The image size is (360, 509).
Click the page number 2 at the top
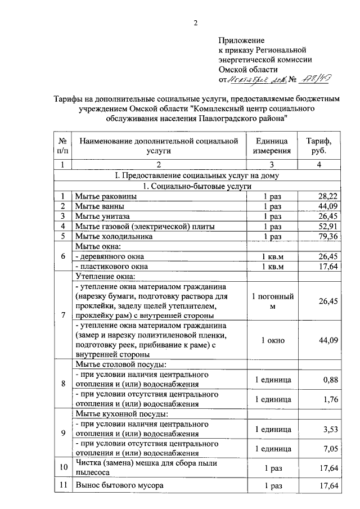click(x=196, y=23)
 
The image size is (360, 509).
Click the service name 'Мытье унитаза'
click(x=103, y=216)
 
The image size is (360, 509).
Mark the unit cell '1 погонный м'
click(x=272, y=301)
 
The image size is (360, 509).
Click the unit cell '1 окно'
click(x=272, y=340)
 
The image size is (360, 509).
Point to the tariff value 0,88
click(x=331, y=380)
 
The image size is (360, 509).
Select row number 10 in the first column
click(x=62, y=466)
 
